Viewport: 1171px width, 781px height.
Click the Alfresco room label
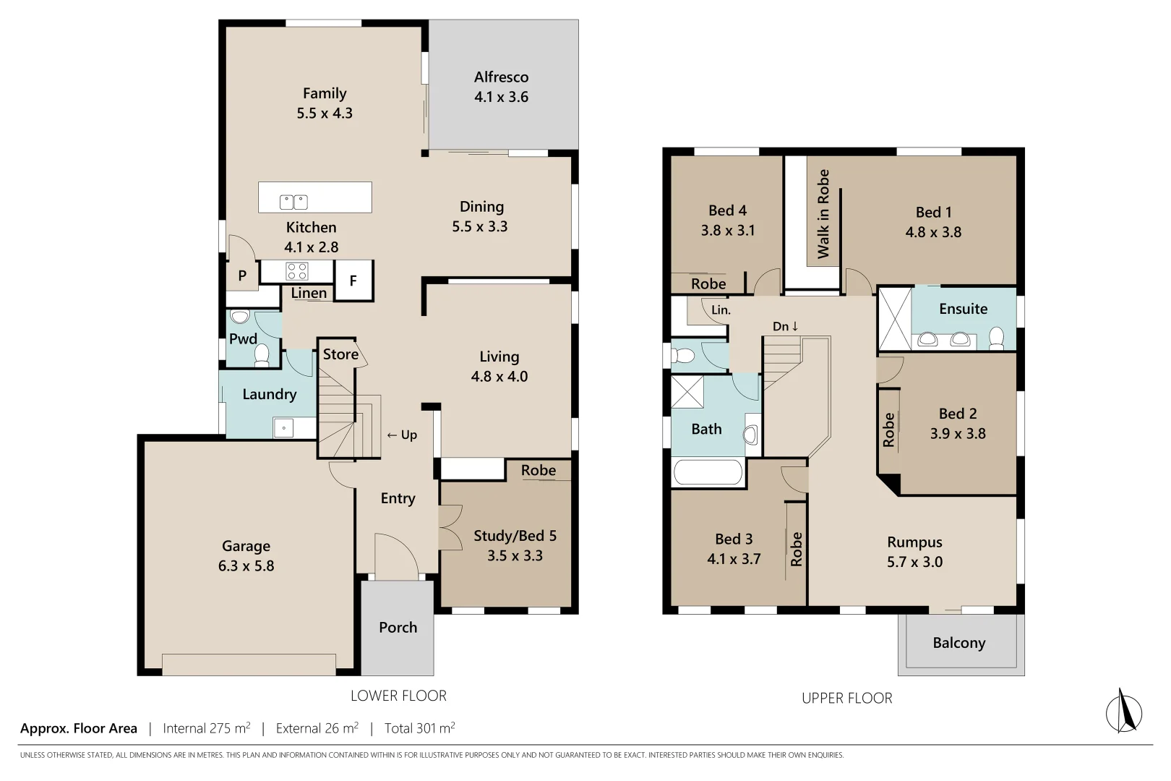coord(501,77)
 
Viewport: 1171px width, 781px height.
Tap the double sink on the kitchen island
coord(294,202)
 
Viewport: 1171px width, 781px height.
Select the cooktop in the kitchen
coord(297,271)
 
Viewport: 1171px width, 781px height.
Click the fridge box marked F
coord(353,281)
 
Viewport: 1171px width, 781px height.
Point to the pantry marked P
coord(242,276)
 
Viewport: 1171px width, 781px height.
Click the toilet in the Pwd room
coord(262,354)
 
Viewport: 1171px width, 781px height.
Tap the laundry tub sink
coord(283,428)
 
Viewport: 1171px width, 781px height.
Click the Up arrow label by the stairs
coord(402,435)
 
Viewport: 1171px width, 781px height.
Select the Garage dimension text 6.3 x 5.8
coord(246,566)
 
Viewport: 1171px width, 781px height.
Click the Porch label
coord(398,627)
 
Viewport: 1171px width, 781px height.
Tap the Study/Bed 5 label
coord(515,536)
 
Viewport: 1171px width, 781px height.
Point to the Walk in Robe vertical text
coord(823,214)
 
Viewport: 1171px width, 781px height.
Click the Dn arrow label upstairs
coord(786,326)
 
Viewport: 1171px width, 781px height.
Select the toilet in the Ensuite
coord(996,337)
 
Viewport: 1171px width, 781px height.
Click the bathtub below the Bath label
coord(708,474)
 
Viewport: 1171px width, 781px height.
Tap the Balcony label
coord(958,643)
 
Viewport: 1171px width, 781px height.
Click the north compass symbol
coord(1123,711)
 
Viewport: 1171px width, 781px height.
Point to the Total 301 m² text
coord(419,728)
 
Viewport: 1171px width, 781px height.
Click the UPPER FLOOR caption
coord(846,698)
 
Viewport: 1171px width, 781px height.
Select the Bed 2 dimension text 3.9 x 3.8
coord(958,433)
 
